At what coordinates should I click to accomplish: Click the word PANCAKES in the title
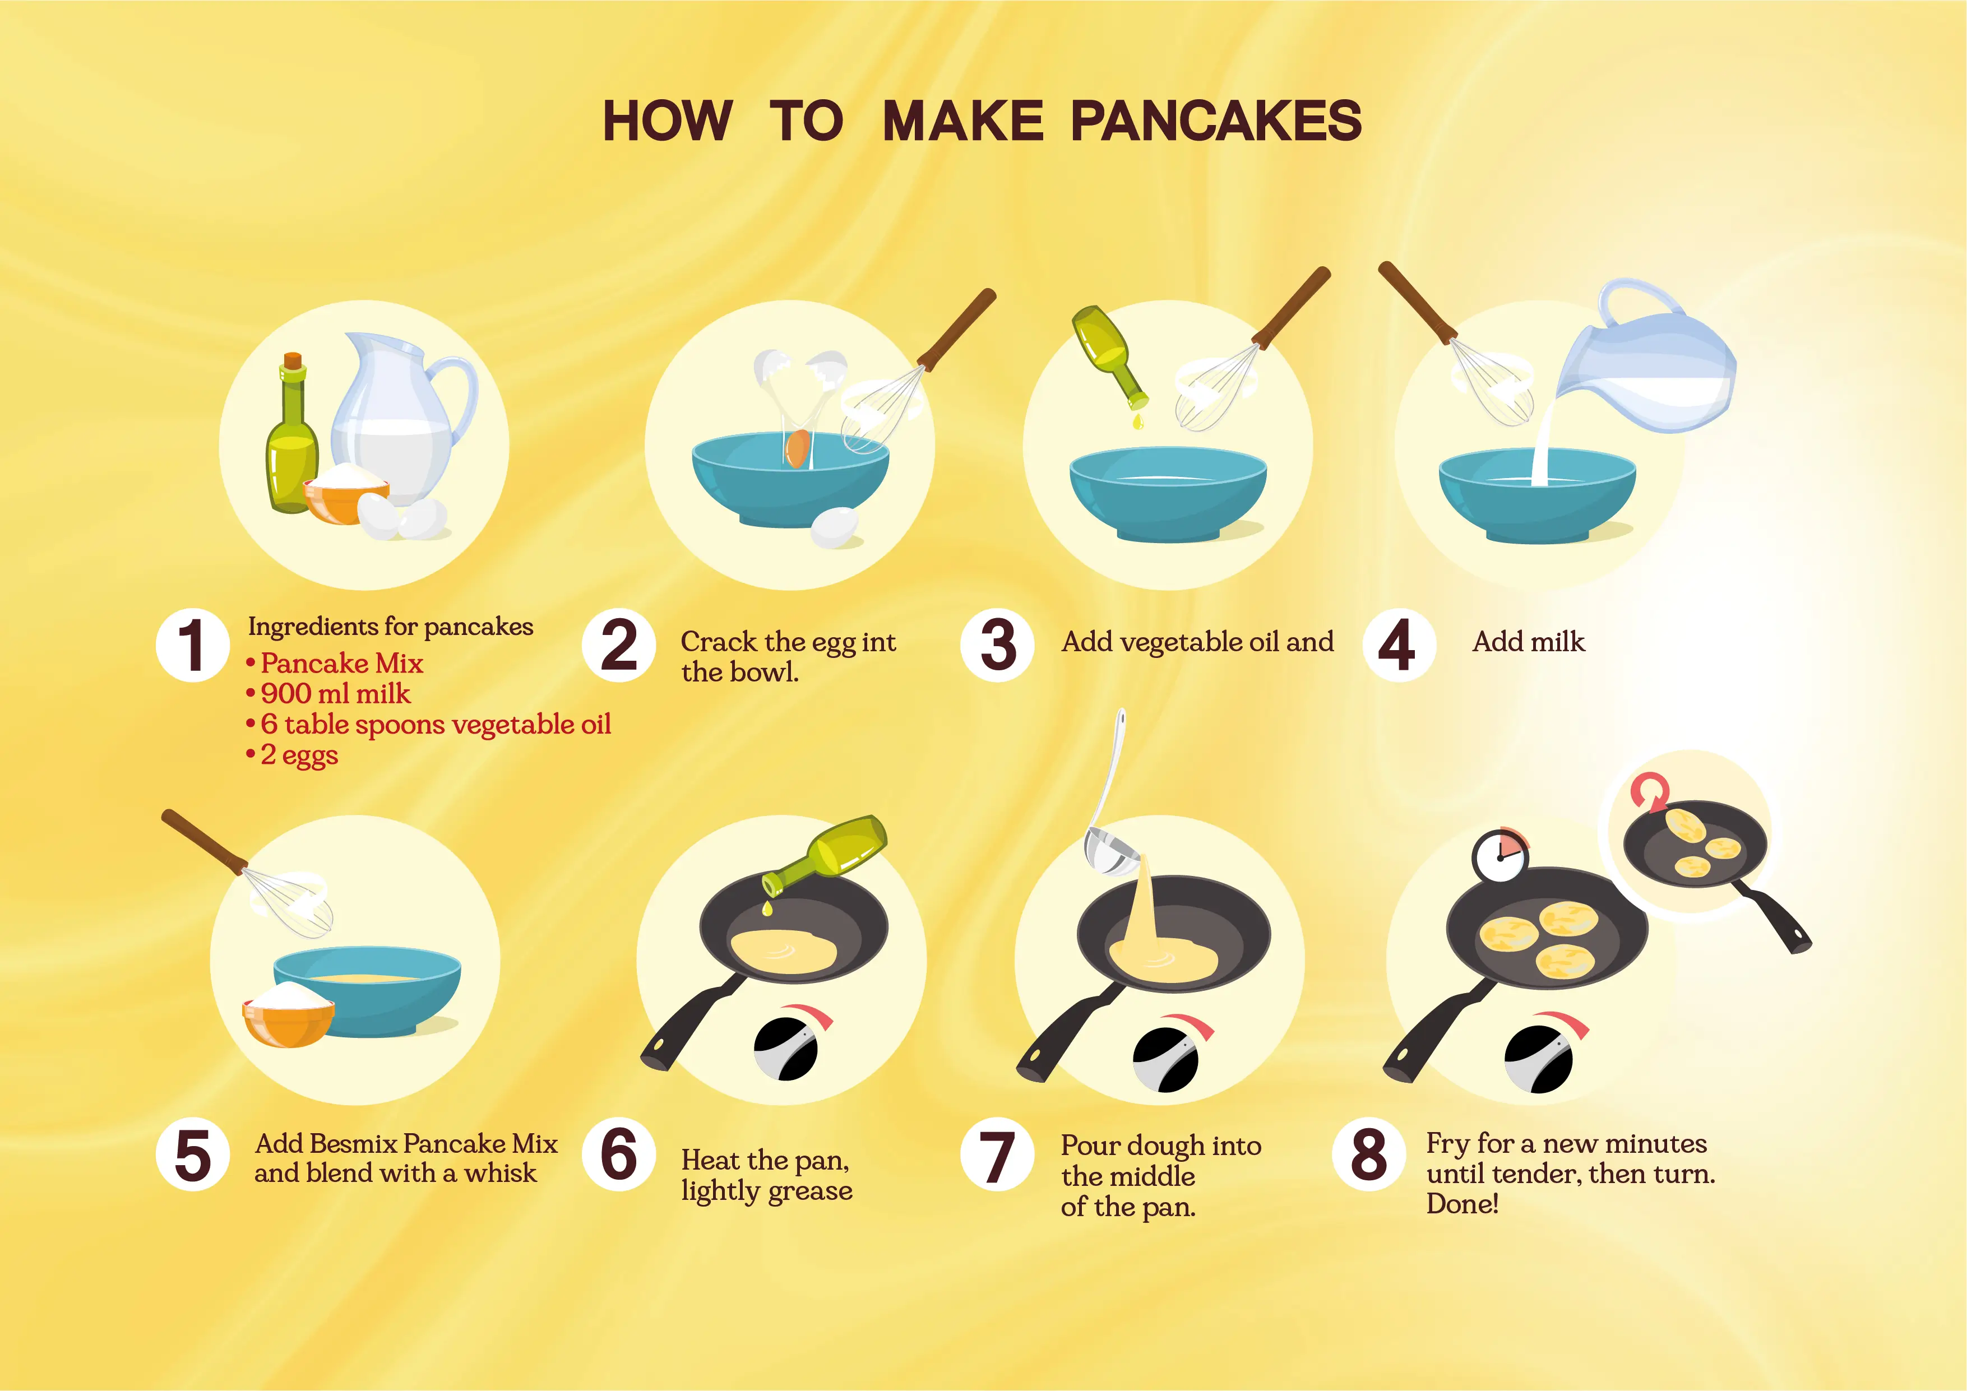click(x=1216, y=120)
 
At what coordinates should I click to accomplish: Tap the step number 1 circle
click(x=193, y=645)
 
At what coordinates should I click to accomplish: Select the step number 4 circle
click(x=1398, y=645)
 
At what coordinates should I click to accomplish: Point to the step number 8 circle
click(x=1368, y=1154)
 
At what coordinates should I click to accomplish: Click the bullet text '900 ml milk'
click(x=336, y=694)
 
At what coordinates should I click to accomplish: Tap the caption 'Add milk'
click(x=1529, y=642)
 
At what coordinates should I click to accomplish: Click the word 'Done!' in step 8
click(x=1462, y=1204)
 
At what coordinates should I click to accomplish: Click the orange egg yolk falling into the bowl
click(x=798, y=449)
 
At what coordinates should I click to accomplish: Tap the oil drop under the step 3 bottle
click(x=1138, y=421)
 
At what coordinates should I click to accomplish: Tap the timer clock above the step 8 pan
click(x=1500, y=854)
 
